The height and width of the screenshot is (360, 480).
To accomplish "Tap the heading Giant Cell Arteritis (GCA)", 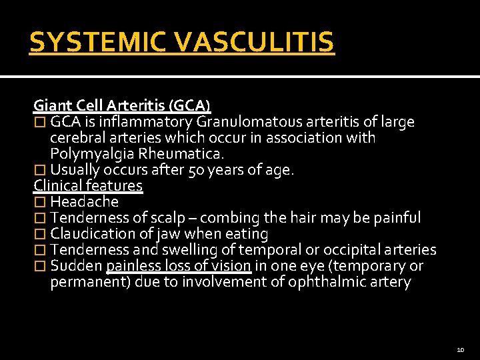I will [x=122, y=105].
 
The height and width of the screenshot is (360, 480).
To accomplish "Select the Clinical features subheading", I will [x=88, y=185].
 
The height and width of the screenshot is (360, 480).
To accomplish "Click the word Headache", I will [x=84, y=202].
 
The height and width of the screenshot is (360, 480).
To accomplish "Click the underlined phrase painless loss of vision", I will [x=179, y=266].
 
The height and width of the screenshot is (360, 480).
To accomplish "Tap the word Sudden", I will [x=76, y=266].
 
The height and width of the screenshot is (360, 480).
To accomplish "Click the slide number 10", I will [x=461, y=349].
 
